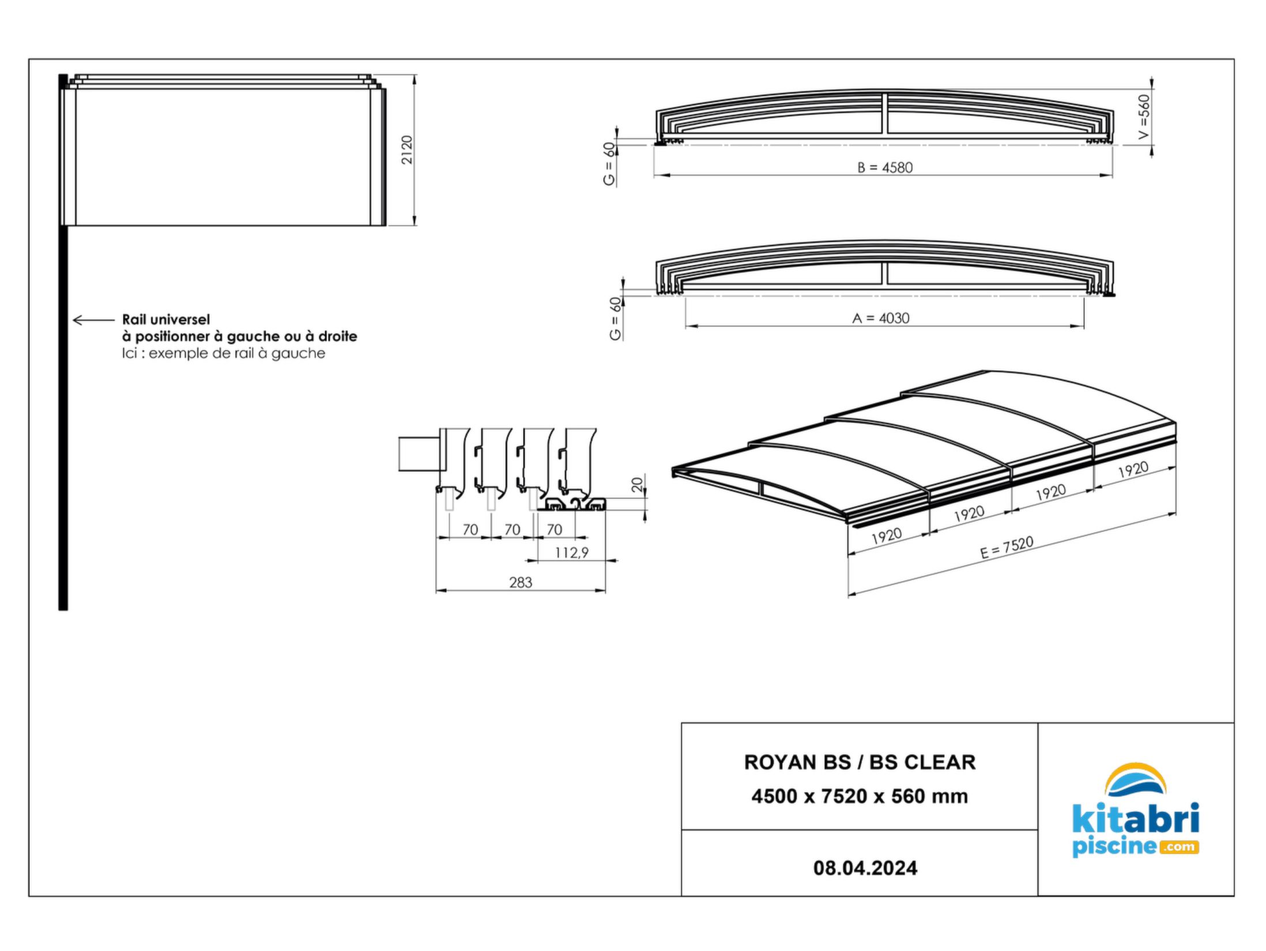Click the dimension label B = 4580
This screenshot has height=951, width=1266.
click(885, 167)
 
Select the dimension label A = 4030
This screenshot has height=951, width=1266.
click(880, 318)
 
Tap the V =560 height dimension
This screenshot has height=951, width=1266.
click(1145, 117)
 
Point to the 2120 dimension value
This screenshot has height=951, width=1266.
click(407, 150)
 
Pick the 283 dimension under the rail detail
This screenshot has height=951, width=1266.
click(521, 583)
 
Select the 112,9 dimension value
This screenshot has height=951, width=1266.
click(571, 553)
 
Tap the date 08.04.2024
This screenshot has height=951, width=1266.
click(865, 868)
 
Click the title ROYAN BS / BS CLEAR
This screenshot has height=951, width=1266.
click(860, 762)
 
